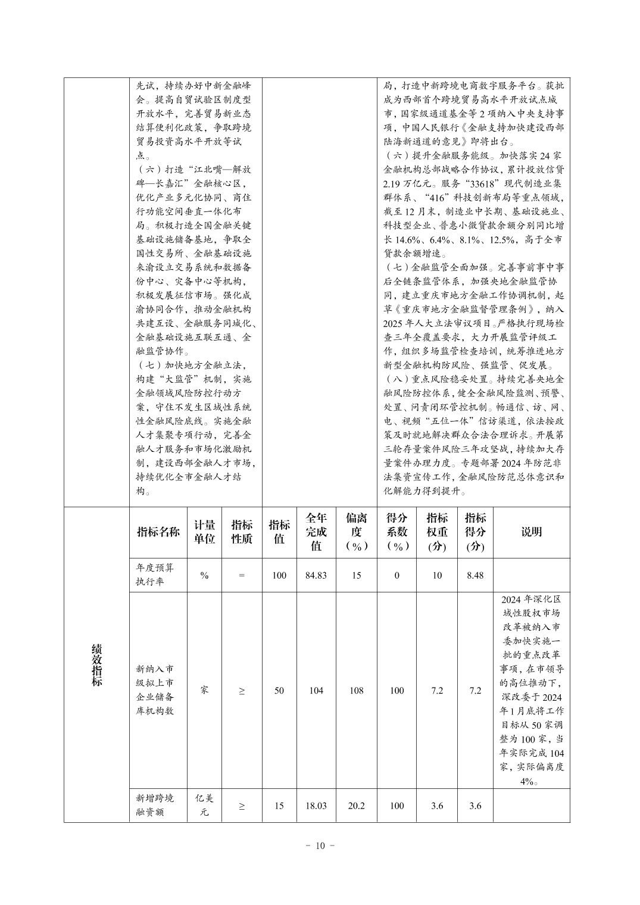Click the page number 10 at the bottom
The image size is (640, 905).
320,845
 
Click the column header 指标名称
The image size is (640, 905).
158,532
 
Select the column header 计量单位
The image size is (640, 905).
204,532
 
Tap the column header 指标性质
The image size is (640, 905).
242,532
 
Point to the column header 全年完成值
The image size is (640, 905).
316,532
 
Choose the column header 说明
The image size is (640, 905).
531,532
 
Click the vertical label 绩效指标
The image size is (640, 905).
96,664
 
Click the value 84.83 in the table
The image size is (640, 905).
316,576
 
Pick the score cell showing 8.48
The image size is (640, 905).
474,576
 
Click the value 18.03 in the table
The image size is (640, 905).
316,806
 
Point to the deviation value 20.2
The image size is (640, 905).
356,806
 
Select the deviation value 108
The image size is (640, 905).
356,691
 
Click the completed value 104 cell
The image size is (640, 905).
316,691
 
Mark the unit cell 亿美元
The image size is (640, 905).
204,805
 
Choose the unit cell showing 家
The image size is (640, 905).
204,690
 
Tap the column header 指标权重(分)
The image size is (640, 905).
437,532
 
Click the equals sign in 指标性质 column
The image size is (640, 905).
242,576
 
